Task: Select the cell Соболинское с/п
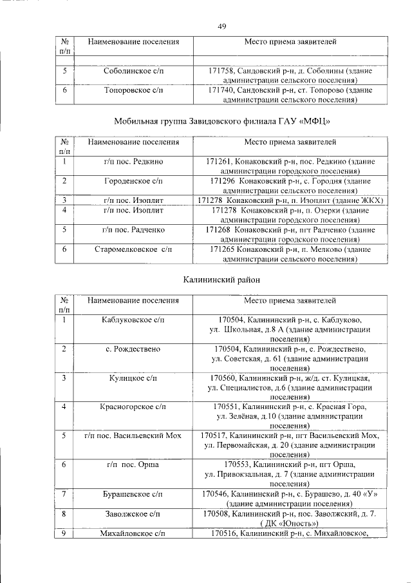coord(134,72)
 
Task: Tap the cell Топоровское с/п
coord(134,91)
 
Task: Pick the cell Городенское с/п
coord(134,181)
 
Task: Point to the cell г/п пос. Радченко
coord(134,229)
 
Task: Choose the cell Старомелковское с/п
coord(134,249)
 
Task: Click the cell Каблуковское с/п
coord(134,320)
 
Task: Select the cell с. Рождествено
coord(134,349)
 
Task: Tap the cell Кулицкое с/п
coord(134,378)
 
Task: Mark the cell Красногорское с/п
coord(134,406)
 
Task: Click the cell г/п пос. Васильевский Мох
coord(134,435)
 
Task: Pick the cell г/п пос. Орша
coord(134,464)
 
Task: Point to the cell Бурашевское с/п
coord(134,493)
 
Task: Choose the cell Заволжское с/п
coord(134,513)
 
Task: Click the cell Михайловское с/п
coord(134,533)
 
